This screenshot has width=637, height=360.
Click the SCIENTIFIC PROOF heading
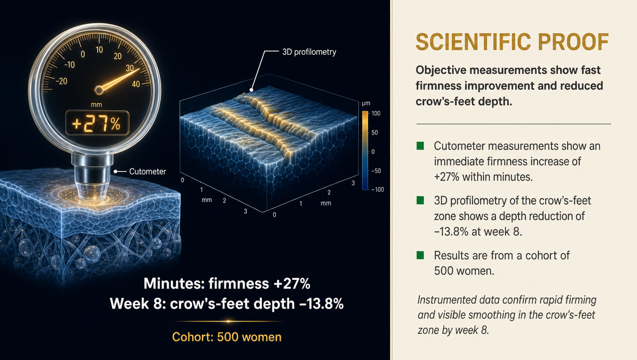512,42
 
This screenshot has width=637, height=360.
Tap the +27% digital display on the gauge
97,123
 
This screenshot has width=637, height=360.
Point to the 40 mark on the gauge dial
136,84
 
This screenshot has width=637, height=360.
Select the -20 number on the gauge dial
61,81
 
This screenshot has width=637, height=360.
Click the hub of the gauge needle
98,90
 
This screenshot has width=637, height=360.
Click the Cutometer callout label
148,171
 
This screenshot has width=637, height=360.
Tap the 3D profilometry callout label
309,52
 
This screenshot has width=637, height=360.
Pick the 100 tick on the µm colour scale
376,113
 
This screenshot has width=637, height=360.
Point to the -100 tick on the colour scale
377,189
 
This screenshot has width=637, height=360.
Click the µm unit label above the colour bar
366,103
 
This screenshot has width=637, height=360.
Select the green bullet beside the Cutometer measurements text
420,145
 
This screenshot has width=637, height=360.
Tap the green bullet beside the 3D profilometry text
420,200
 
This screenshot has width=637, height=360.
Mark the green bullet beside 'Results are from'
420,255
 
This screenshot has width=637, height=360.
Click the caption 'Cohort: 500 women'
227,337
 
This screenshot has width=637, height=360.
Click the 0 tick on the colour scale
373,152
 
